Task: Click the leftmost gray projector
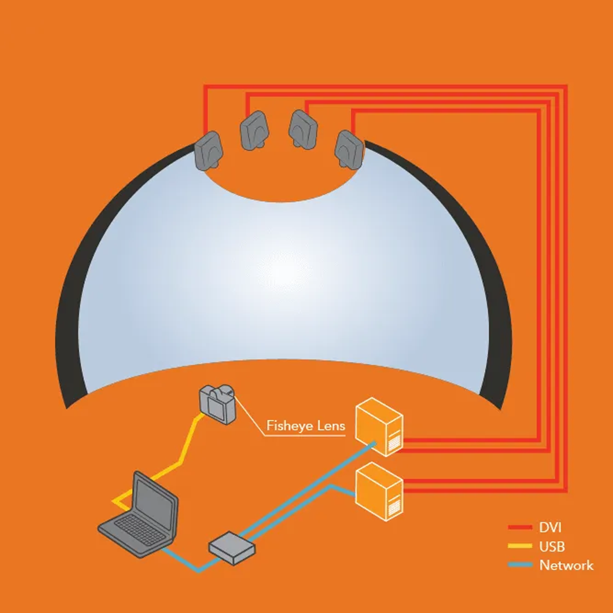pyautogui.click(x=208, y=151)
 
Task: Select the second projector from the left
pyautogui.click(x=254, y=130)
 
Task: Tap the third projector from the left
pyautogui.click(x=303, y=129)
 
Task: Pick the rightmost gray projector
pyautogui.click(x=349, y=150)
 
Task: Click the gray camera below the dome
pyautogui.click(x=218, y=404)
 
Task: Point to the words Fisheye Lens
pyautogui.click(x=305, y=426)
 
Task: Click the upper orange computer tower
pyautogui.click(x=379, y=427)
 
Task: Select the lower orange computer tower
pyautogui.click(x=379, y=491)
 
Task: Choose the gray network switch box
pyautogui.click(x=232, y=548)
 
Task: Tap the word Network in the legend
pyautogui.click(x=567, y=565)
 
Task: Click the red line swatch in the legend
pyautogui.click(x=520, y=527)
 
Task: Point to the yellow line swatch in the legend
pyautogui.click(x=520, y=547)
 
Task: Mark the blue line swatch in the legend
pyautogui.click(x=520, y=565)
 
